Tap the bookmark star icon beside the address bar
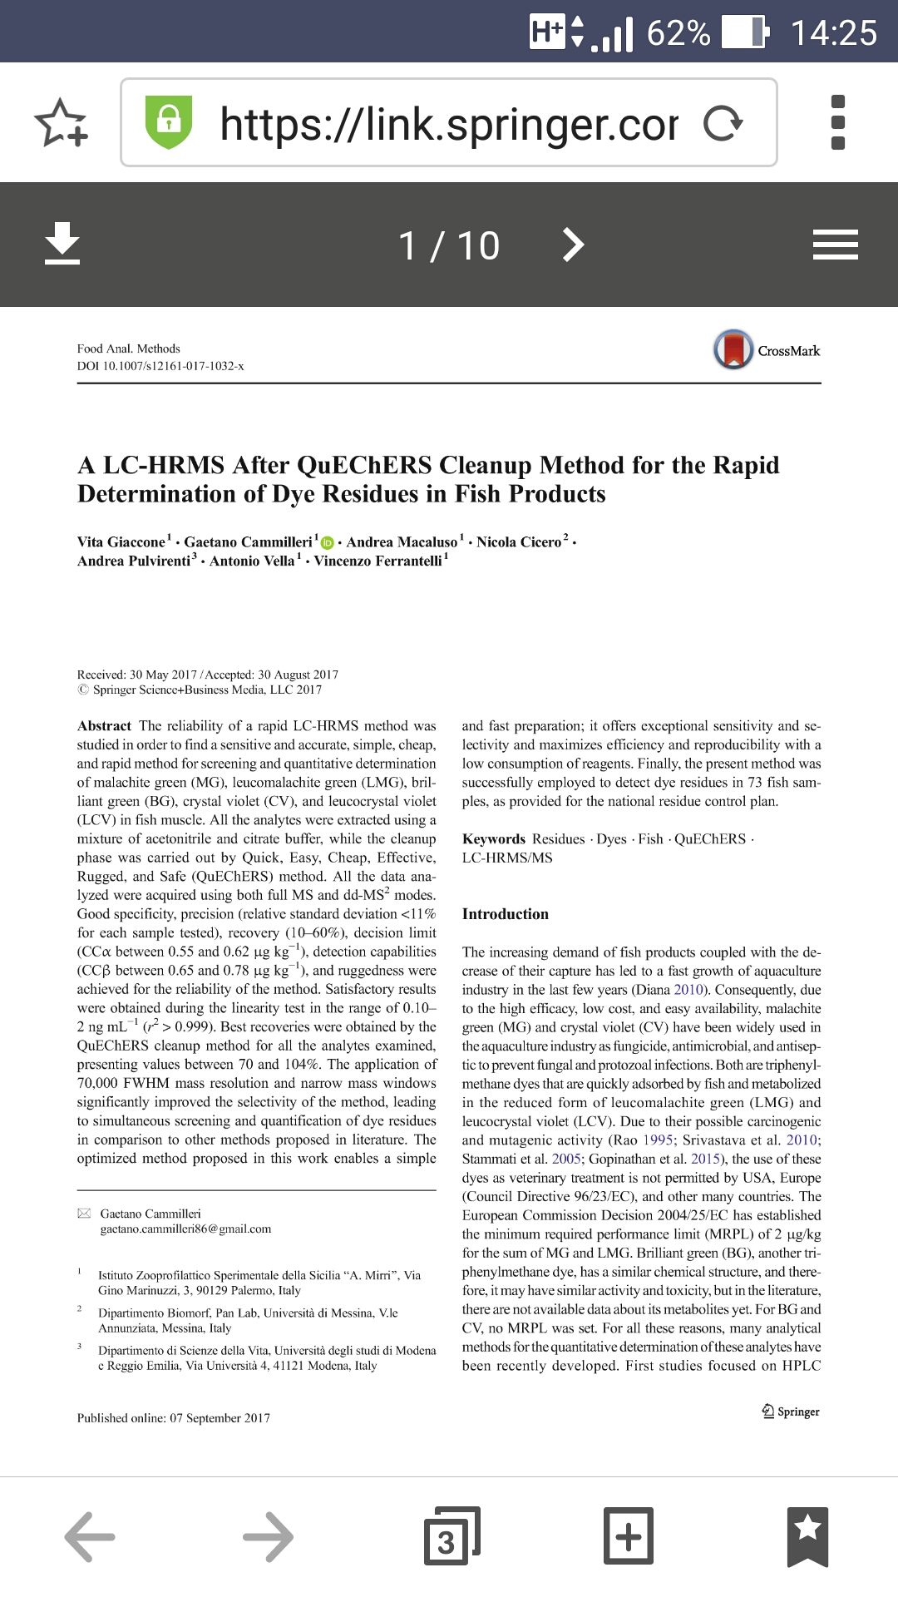(x=61, y=123)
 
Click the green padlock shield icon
(x=169, y=121)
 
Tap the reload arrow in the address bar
(x=722, y=123)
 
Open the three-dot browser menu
(x=837, y=123)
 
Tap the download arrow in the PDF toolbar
(x=62, y=244)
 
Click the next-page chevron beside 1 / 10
(x=573, y=245)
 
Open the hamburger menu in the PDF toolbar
(x=835, y=245)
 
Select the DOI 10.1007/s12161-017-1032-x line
(x=160, y=366)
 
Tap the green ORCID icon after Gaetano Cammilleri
(x=327, y=543)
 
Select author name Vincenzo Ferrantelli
(x=377, y=561)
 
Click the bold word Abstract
(x=104, y=726)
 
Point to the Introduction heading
(x=505, y=914)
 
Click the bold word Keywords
(x=493, y=839)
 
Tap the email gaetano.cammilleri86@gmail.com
(x=185, y=1229)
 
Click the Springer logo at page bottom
(x=791, y=1412)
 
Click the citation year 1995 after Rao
(x=658, y=1140)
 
